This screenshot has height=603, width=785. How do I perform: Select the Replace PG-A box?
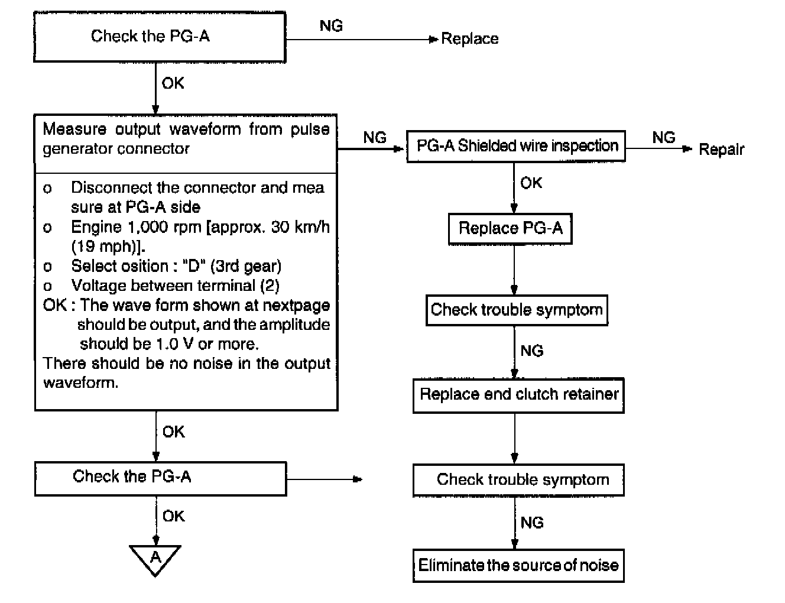510,229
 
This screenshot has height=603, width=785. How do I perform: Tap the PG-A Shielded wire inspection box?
516,147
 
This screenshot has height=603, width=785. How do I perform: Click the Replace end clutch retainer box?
518,395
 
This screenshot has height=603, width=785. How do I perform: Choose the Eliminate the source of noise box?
518,565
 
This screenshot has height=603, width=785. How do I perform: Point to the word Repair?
721,150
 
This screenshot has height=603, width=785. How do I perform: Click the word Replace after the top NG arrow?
469,38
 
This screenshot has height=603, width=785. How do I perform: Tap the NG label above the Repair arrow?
664,137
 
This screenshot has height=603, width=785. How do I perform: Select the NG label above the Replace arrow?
331,25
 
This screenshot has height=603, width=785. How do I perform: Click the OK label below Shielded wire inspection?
531,183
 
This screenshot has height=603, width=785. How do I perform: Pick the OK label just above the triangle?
173,516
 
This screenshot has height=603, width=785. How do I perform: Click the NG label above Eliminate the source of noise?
532,523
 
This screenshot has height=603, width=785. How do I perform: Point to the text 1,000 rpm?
165,227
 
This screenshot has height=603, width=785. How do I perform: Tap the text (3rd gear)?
246,266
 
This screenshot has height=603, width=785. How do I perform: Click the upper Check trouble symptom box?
517,310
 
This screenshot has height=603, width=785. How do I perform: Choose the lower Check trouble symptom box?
518,480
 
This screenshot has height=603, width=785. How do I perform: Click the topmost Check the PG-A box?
160,37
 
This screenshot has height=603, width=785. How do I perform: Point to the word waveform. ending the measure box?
80,382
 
